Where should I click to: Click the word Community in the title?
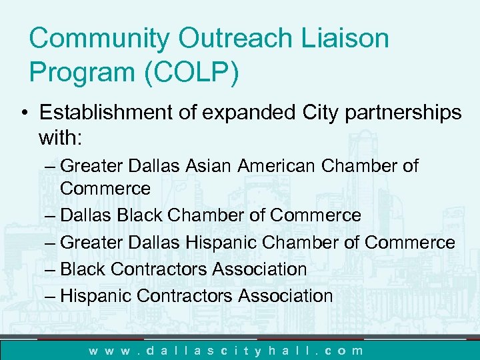coord(99,38)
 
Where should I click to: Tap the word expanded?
coord(257,113)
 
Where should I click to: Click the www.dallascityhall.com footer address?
coord(227,350)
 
